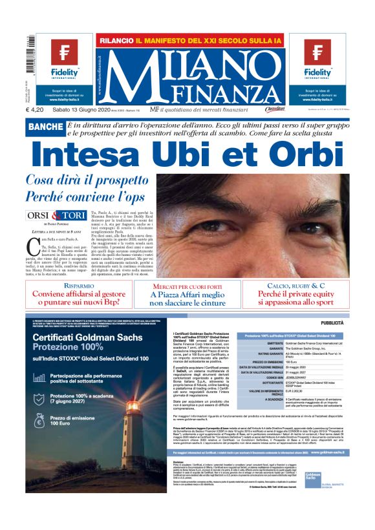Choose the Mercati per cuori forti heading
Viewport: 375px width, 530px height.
point(187,286)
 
